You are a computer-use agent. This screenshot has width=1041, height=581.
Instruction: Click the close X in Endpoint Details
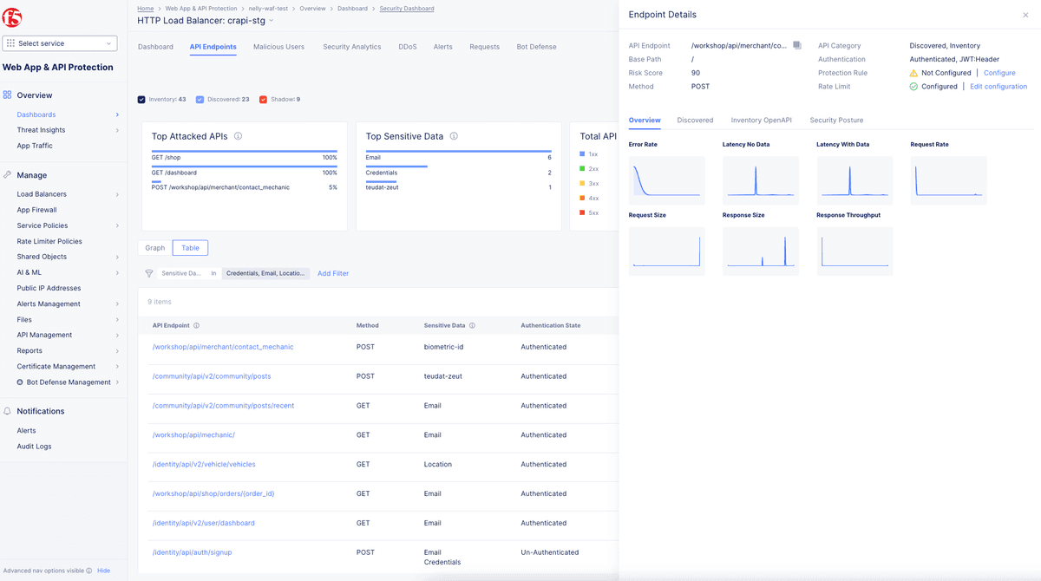[x=1026, y=15]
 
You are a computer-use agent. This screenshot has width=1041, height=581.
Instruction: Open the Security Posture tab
[x=836, y=121]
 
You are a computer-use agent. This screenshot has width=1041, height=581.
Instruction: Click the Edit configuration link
[x=998, y=87]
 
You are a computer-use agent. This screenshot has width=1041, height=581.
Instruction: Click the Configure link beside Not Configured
[x=999, y=73]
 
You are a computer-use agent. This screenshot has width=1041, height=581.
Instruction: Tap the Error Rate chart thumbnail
[x=666, y=180]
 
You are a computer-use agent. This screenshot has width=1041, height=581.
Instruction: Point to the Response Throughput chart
[x=854, y=251]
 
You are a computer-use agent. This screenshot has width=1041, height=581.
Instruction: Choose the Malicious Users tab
[x=278, y=47]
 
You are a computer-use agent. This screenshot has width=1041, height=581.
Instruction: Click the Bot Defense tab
[x=536, y=47]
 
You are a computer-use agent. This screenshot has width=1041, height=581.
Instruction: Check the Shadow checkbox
[x=263, y=100]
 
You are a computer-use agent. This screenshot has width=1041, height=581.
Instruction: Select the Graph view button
[x=154, y=248]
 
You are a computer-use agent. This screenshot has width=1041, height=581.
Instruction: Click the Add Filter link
[x=333, y=274]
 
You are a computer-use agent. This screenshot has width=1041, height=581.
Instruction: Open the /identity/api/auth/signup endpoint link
[x=192, y=552]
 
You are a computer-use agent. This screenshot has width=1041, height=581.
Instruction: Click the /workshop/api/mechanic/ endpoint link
[x=193, y=435]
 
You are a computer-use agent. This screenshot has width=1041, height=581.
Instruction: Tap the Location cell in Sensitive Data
[x=437, y=465]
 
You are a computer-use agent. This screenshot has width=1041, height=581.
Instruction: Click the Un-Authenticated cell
[x=549, y=552]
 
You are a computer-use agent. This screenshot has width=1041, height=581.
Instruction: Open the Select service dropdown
[x=60, y=43]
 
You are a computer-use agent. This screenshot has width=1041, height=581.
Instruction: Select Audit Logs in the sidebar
[x=34, y=447]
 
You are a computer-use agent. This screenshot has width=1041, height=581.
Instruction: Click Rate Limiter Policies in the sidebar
[x=49, y=241]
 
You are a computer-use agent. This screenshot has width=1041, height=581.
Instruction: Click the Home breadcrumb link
[x=146, y=9]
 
